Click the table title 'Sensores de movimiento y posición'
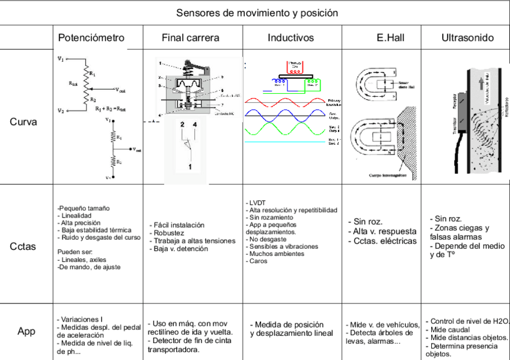256,13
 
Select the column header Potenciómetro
91,38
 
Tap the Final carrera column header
190,38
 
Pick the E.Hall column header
390,38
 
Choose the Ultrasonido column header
467,38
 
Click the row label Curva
23,121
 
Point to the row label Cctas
23,246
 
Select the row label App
25,331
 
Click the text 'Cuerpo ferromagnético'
390,175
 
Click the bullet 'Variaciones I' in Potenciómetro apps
80,319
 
